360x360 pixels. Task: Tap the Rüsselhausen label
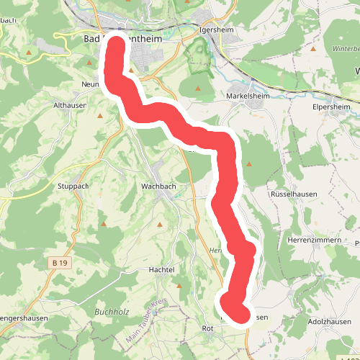pyautogui.click(x=289, y=194)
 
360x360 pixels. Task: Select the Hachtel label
pyautogui.click(x=162, y=269)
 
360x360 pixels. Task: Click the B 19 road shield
pyautogui.click(x=60, y=264)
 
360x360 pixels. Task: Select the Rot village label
pyautogui.click(x=209, y=329)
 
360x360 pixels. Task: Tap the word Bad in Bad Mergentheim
pyautogui.click(x=92, y=39)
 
